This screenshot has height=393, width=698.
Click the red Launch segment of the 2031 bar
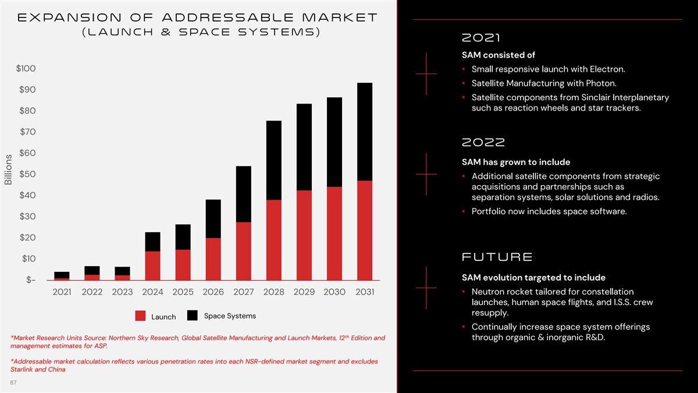[x=365, y=230]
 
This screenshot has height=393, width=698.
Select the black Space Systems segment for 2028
[x=274, y=160]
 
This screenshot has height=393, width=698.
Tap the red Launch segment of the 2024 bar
[x=153, y=265]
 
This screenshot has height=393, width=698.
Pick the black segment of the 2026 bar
[x=213, y=218]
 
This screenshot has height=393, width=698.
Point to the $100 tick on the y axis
[x=26, y=69]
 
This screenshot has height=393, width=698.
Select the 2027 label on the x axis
[x=244, y=292]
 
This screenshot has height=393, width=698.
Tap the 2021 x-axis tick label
[x=62, y=292]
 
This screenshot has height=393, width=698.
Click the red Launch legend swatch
[x=140, y=316]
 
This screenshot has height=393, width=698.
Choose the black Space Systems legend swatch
[x=193, y=316]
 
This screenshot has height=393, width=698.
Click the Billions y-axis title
[x=8, y=168]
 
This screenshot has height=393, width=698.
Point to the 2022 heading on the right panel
[x=483, y=142]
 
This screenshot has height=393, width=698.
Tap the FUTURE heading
[x=497, y=257]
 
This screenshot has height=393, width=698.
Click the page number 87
[x=14, y=382]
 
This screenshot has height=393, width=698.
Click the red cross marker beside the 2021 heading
[x=426, y=74]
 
